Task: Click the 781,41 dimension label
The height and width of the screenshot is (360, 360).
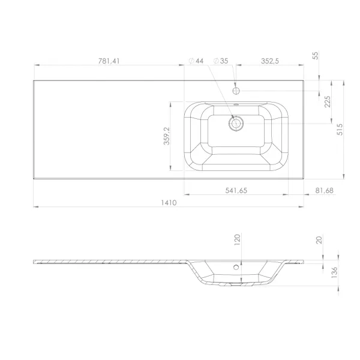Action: (x=109, y=61)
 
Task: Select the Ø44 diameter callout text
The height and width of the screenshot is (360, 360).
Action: (x=196, y=61)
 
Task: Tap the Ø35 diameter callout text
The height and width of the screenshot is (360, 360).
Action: (x=221, y=61)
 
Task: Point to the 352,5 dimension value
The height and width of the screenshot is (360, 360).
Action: (x=270, y=61)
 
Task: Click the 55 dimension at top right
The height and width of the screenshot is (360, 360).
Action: (x=316, y=56)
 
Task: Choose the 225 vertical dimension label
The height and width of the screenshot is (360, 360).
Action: (x=328, y=102)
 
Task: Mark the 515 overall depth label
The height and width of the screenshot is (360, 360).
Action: (x=340, y=130)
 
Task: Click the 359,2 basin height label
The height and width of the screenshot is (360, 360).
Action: (x=167, y=136)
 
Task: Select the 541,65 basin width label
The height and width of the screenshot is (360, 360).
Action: (x=236, y=191)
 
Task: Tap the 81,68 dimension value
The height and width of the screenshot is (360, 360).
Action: (x=324, y=191)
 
